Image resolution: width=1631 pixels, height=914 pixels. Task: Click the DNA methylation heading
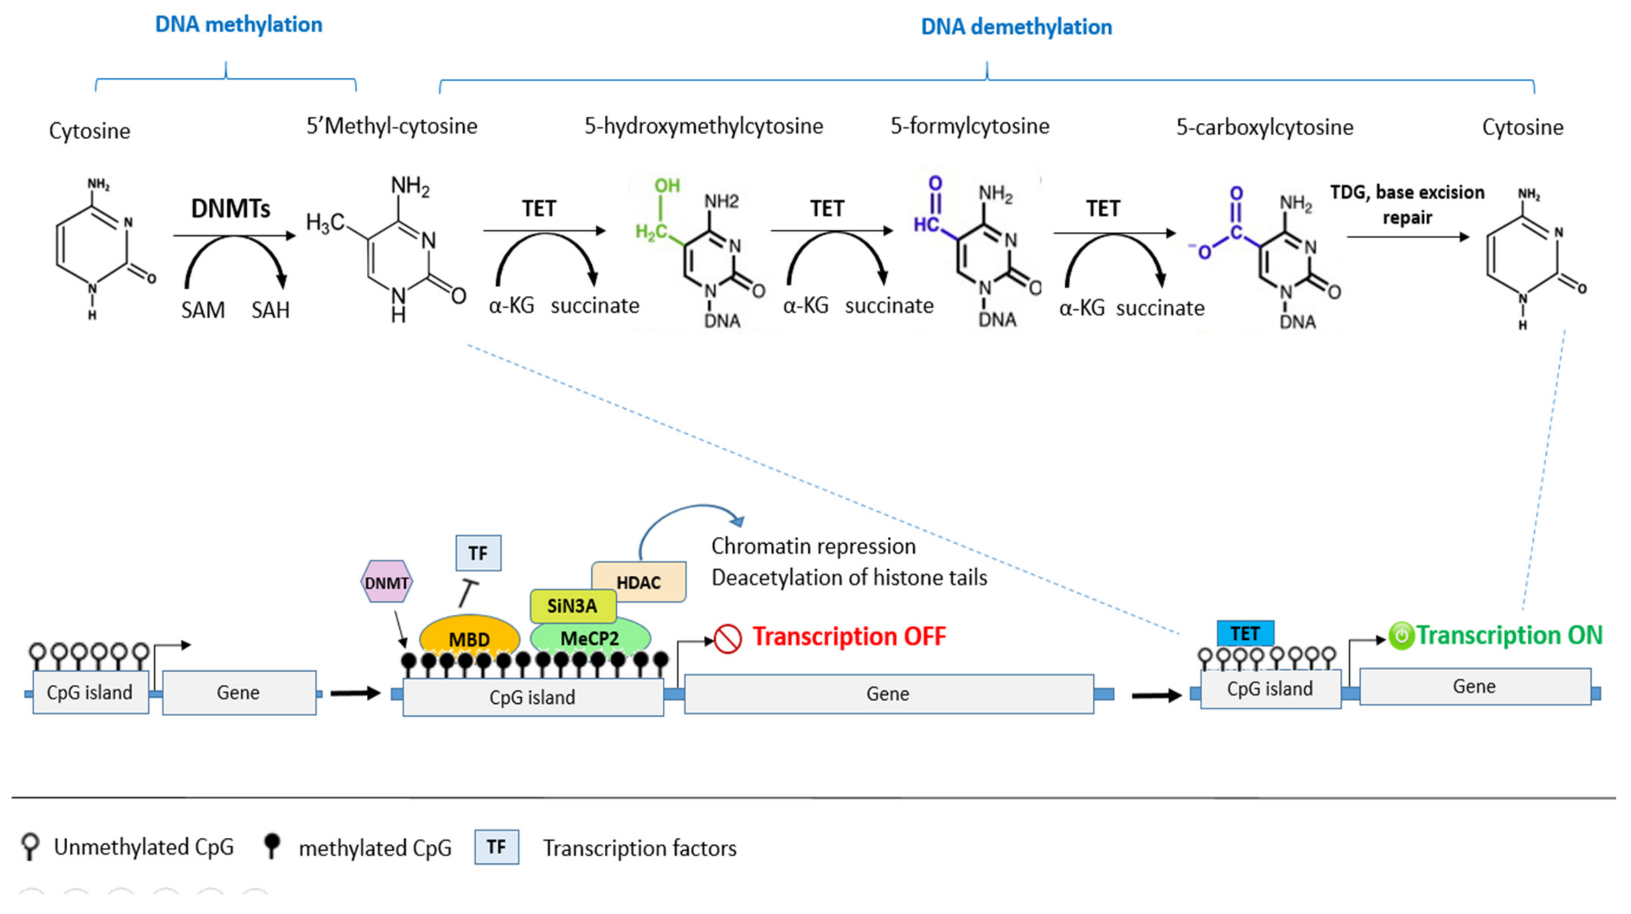(239, 25)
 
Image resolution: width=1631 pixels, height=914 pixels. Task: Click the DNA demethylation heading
(1016, 27)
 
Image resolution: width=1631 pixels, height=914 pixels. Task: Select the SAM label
(203, 310)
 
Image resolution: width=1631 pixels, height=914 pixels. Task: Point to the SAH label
(270, 310)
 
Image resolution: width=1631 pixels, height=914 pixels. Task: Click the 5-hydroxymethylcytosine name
(704, 126)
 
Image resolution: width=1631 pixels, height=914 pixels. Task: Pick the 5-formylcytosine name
(970, 126)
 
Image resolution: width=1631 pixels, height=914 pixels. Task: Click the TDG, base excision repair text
(1407, 204)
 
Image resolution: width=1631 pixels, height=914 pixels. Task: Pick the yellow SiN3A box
(572, 606)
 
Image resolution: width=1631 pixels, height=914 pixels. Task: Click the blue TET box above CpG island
(1245, 633)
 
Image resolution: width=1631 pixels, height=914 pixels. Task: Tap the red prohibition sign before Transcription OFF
(728, 638)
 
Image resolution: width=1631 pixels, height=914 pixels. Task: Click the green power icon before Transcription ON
(1400, 636)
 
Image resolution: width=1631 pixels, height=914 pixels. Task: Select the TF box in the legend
(497, 847)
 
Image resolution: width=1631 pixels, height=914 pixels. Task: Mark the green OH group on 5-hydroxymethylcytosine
(667, 186)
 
